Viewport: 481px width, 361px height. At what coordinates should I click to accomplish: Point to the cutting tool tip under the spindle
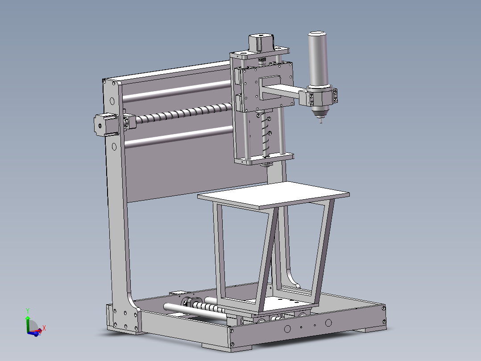click(x=320, y=121)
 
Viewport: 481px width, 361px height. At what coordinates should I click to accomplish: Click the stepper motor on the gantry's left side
click(x=102, y=124)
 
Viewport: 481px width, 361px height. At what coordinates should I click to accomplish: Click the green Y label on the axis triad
click(x=28, y=310)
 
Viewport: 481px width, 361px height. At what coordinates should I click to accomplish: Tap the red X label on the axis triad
click(x=44, y=328)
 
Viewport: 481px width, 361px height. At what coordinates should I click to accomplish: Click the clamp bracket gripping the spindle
click(x=320, y=97)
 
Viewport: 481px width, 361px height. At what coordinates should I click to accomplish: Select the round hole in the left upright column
click(x=114, y=146)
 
